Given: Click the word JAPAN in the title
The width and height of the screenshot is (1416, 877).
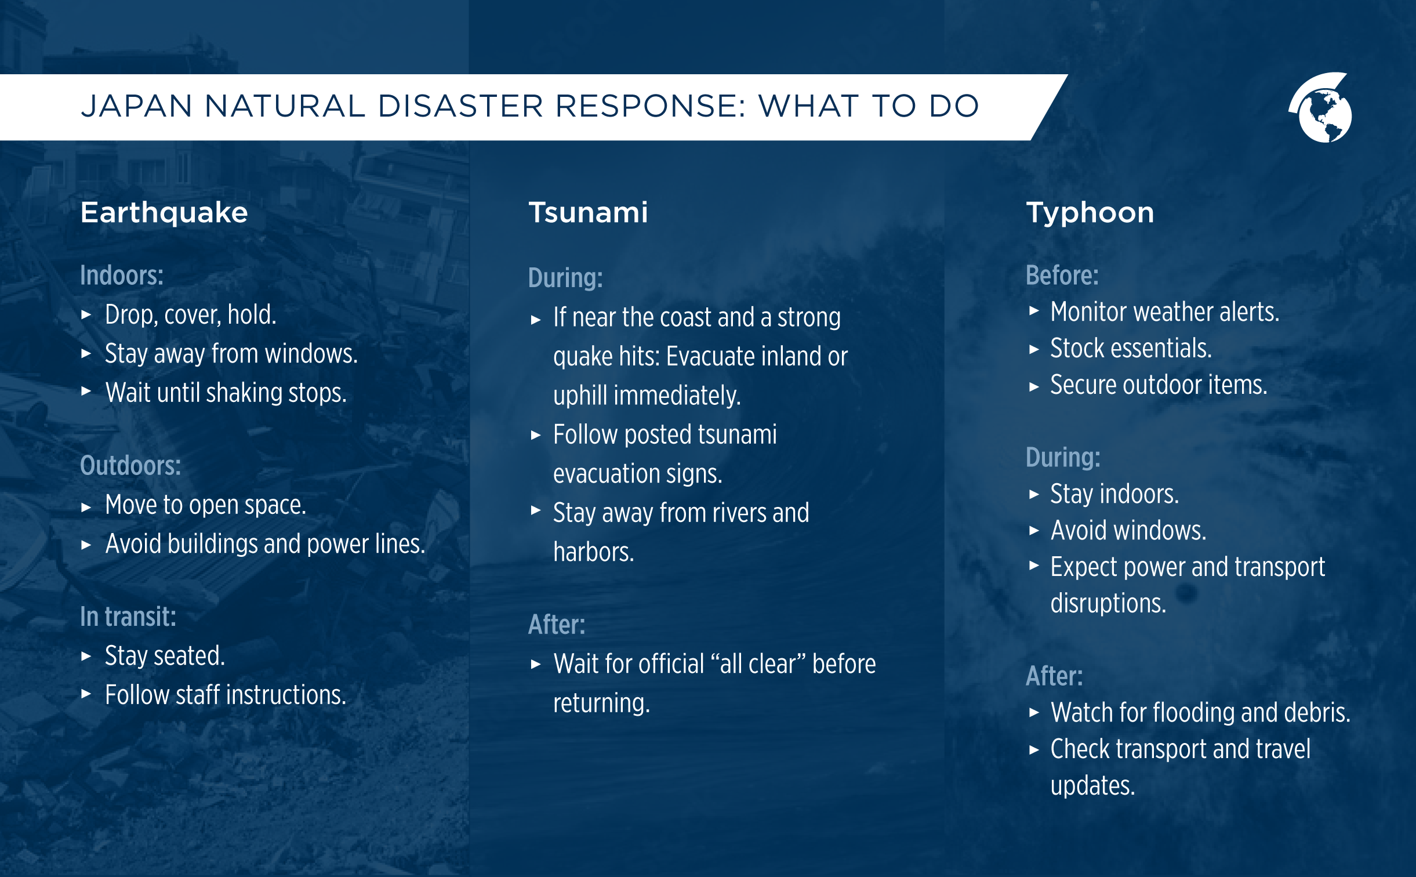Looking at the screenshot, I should click(x=136, y=106).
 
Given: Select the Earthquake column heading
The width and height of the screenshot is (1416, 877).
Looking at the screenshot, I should click(x=164, y=212).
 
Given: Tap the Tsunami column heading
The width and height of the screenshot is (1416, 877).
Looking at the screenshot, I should click(x=588, y=212).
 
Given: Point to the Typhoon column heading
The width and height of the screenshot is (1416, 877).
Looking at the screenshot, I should click(x=1090, y=212).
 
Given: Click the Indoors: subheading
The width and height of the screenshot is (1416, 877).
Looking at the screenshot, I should click(x=122, y=276).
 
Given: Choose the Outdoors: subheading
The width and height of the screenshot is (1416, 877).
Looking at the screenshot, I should click(x=130, y=466).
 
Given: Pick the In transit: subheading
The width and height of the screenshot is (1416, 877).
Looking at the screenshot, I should click(x=128, y=617).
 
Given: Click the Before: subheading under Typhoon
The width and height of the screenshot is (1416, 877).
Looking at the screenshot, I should click(x=1062, y=276).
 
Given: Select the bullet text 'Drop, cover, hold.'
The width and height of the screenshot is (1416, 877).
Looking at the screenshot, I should click(x=190, y=315).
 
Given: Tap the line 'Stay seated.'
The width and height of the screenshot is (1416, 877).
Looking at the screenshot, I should click(x=165, y=656).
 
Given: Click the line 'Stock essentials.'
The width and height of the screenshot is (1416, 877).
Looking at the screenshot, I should click(x=1131, y=349).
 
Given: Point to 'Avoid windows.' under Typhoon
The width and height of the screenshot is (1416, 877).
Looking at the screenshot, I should click(x=1128, y=531).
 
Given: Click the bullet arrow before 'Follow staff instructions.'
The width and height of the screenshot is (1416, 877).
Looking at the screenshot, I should click(x=86, y=694).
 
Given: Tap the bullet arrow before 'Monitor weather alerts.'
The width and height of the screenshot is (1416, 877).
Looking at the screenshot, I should click(x=1034, y=311).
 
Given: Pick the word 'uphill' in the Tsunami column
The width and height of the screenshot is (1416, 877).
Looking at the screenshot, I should click(x=581, y=396).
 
